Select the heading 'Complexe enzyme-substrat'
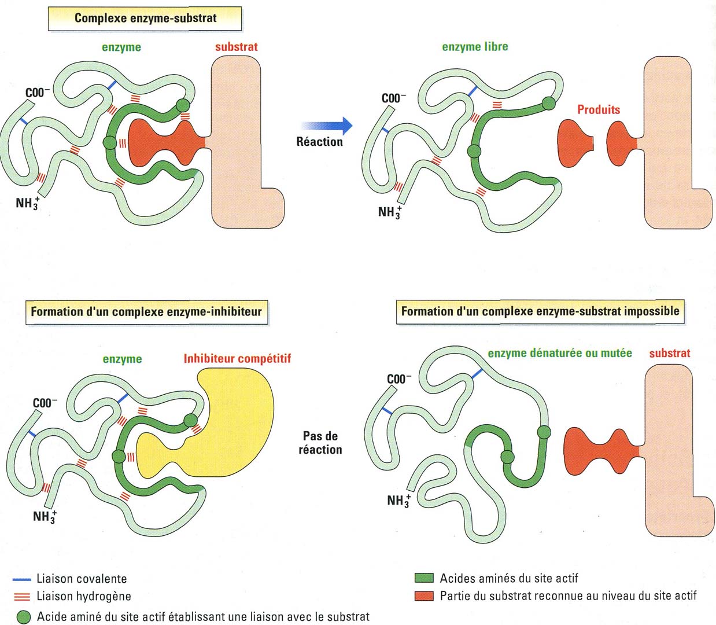tap(145, 18)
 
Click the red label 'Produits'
tap(598, 109)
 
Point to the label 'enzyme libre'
tap(475, 47)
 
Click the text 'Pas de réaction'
tap(320, 443)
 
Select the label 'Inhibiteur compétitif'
tap(237, 359)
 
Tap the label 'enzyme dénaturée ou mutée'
tap(559, 353)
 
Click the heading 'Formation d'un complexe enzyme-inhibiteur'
tap(146, 311)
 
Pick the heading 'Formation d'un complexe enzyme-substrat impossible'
tap(540, 311)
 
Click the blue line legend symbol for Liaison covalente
tap(21, 579)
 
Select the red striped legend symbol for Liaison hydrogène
tap(21, 597)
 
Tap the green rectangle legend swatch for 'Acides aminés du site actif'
tap(424, 578)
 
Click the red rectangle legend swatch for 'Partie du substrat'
tap(424, 595)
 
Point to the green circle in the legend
tap(24, 617)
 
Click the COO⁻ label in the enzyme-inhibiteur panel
tap(45, 403)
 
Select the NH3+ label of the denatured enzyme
tap(398, 500)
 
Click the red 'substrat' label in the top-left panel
tap(236, 47)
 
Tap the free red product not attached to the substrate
tap(574, 143)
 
